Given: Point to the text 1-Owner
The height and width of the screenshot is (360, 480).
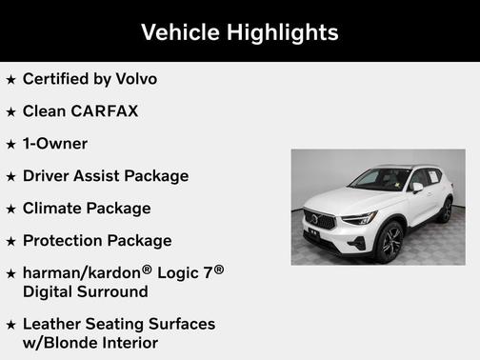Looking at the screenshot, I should (x=55, y=143).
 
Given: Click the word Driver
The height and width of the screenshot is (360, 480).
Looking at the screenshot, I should (x=49, y=175).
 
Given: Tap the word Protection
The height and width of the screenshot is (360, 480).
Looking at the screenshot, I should (x=64, y=240).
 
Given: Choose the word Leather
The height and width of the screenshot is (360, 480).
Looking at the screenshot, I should (x=55, y=324).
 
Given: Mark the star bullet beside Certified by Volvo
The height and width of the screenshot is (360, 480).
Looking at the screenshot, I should (x=10, y=79).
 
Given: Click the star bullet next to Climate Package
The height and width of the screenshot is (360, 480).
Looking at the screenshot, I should (x=10, y=209).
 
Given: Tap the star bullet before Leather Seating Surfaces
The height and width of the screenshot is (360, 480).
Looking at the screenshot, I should (x=10, y=325).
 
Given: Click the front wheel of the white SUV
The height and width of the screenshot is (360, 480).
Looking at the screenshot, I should (x=389, y=242).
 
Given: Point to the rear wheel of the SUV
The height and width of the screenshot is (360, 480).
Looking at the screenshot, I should (x=445, y=210).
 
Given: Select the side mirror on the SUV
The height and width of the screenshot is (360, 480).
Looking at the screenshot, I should (x=416, y=188).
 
